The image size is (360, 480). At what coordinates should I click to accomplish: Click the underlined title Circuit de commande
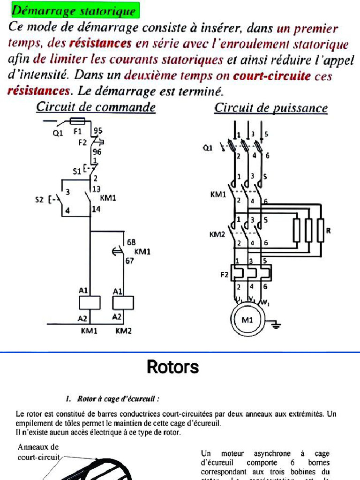[96, 107]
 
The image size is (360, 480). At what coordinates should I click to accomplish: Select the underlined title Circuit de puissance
[271, 108]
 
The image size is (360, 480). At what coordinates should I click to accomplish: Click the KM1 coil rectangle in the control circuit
[90, 303]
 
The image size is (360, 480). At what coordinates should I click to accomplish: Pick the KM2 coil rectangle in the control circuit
[123, 303]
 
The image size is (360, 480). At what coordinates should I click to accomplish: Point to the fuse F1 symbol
[77, 121]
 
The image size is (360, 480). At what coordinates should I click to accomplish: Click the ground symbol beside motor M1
[275, 324]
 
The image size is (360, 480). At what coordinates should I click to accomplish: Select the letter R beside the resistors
[329, 230]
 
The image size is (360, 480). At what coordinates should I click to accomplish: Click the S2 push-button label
[40, 200]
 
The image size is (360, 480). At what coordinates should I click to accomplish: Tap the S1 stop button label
[76, 172]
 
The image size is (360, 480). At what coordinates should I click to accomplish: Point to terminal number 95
[98, 131]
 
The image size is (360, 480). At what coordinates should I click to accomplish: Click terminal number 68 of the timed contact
[131, 243]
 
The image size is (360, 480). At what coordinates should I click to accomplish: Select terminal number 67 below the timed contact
[129, 261]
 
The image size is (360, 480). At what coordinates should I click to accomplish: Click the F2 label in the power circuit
[225, 275]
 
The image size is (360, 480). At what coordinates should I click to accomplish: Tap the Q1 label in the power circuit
[207, 148]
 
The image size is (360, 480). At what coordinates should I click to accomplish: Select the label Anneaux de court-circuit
[38, 452]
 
